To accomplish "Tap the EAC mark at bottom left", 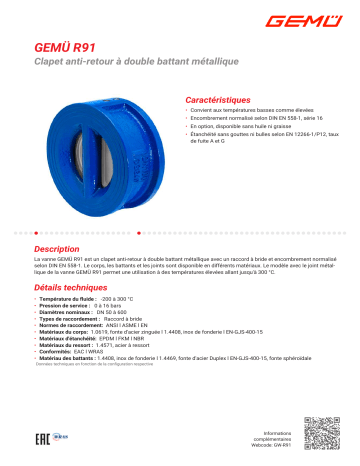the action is (44, 439).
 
